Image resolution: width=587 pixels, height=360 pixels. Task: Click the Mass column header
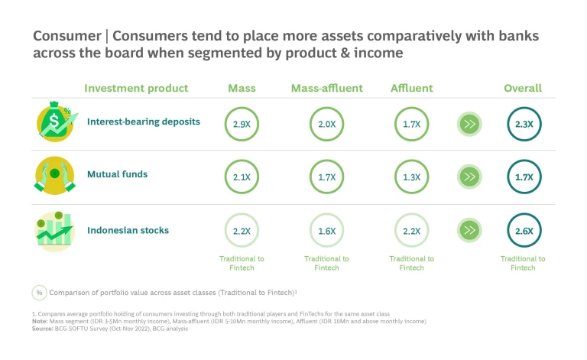[x=242, y=88]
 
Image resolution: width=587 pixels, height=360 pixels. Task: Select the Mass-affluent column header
[x=326, y=88]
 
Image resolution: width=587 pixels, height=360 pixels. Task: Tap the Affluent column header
[x=411, y=88]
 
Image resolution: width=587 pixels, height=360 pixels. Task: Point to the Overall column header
[x=523, y=88]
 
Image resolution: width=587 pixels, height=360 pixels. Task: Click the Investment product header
[x=136, y=88]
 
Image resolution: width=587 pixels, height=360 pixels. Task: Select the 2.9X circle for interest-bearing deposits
[x=242, y=122]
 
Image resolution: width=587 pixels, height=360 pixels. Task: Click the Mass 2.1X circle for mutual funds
[x=242, y=177]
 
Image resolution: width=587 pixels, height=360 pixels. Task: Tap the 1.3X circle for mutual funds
[x=411, y=177]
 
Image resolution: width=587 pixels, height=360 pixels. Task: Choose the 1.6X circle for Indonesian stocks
[x=326, y=231]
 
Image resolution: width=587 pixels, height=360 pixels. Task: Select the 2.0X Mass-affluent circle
[x=326, y=122]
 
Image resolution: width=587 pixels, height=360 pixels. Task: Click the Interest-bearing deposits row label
[x=144, y=121]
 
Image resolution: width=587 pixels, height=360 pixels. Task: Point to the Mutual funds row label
[x=117, y=174]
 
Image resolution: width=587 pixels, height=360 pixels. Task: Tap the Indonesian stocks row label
[x=128, y=229]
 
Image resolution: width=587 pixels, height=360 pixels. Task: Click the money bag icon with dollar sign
[x=56, y=122]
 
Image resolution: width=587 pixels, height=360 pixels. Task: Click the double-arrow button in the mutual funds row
[x=469, y=177]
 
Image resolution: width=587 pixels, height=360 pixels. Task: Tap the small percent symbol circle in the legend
[x=39, y=292]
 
